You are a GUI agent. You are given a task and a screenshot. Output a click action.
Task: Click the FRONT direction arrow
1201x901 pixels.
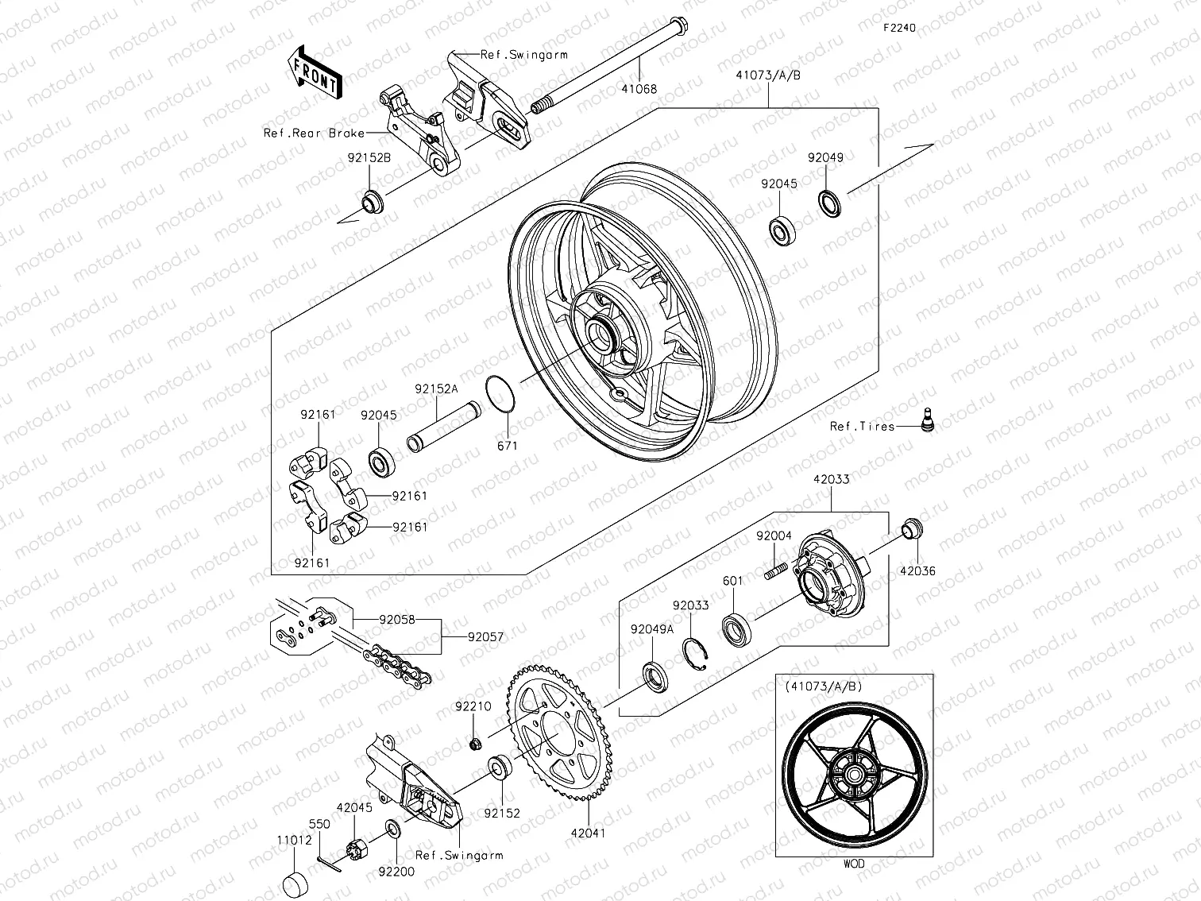click(315, 73)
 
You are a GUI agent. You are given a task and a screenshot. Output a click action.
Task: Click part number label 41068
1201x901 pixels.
click(639, 89)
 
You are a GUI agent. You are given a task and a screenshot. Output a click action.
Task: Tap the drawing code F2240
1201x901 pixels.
click(900, 27)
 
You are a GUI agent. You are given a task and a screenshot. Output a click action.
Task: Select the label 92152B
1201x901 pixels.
click(369, 158)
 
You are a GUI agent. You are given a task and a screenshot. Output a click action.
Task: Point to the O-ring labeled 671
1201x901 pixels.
click(499, 394)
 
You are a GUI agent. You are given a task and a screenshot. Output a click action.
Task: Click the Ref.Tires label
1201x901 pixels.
click(862, 427)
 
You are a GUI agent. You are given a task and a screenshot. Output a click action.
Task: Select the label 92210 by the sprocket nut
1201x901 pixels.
click(473, 706)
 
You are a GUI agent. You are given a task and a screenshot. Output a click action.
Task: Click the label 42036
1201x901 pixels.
click(917, 570)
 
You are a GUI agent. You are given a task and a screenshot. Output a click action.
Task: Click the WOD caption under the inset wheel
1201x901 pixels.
click(854, 863)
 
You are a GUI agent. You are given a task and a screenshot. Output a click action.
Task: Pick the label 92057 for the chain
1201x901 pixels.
click(485, 637)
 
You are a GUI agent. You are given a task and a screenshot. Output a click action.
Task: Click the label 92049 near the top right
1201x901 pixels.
click(825, 157)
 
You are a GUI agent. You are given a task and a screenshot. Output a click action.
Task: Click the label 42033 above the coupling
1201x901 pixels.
click(831, 480)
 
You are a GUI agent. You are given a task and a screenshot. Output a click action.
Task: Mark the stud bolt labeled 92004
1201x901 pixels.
click(775, 570)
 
